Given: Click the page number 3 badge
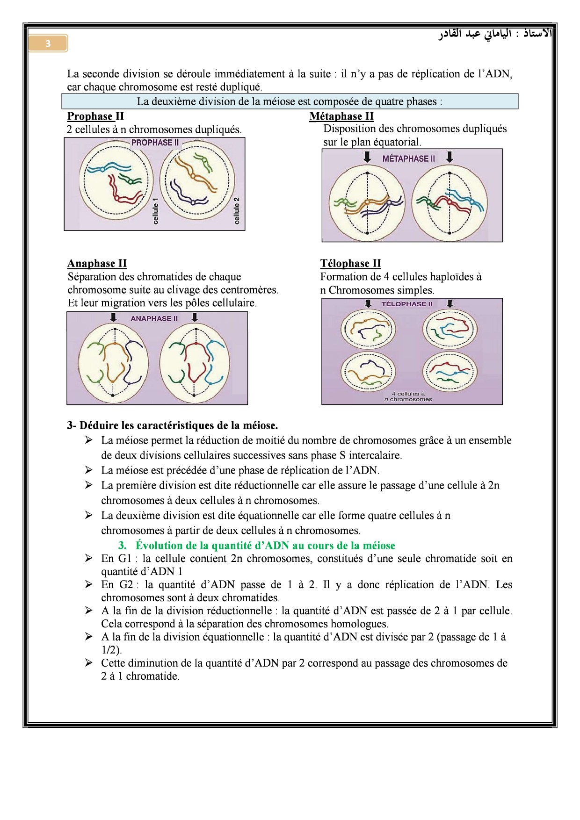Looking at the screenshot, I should point(48,44).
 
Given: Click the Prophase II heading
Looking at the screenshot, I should point(95,116).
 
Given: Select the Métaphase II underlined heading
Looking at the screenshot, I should point(341,116).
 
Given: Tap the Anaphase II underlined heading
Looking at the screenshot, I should point(97,263).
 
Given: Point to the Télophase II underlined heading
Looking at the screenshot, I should point(350,263).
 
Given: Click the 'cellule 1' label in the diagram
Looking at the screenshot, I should point(156,210).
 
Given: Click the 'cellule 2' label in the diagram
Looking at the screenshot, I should point(237,210).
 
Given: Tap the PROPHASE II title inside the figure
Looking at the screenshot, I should point(155,143).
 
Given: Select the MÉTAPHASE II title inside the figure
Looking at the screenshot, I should point(408,158).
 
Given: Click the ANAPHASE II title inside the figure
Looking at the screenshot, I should point(154,318).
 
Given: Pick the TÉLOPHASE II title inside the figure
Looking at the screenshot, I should point(407,304).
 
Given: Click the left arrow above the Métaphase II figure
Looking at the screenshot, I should point(368,157).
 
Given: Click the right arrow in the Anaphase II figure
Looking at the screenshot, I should point(195,317).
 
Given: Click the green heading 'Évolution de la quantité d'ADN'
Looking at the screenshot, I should point(265,546).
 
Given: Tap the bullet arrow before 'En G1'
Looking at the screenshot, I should point(89,558).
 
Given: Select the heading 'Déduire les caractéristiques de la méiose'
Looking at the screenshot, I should point(173,425).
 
